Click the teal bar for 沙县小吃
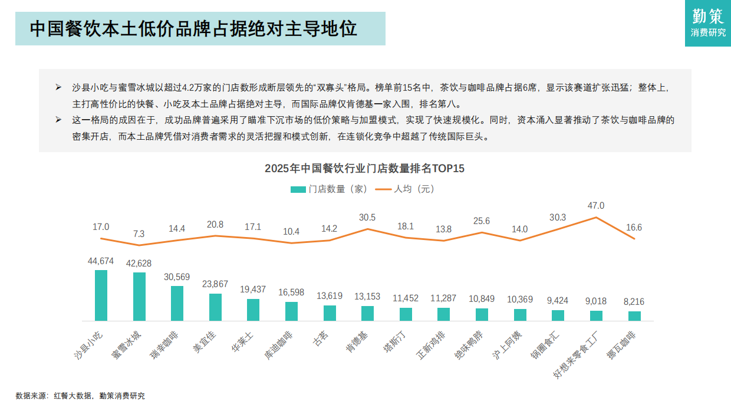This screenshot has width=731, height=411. coord(101,295)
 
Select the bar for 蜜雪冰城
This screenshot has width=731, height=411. coord(139,297)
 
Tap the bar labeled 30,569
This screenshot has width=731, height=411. coord(177,303)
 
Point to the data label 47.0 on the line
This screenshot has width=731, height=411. coord(596,206)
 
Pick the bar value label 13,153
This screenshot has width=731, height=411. coord(367,297)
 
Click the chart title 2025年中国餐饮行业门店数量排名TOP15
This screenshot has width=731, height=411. coord(364,169)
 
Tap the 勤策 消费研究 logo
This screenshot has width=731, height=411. coord(708,24)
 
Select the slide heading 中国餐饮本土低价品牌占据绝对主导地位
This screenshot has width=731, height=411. coord(193,29)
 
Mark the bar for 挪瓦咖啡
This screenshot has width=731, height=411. coord(634,315)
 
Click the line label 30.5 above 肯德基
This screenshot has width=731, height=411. coord(367,218)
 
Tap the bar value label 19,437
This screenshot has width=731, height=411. coord(253,290)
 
